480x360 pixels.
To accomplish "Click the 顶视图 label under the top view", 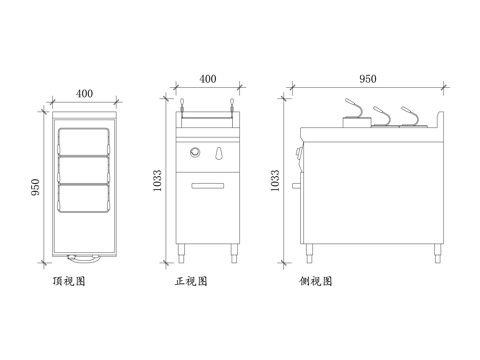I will (69, 283).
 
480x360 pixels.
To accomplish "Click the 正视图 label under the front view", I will (191, 283).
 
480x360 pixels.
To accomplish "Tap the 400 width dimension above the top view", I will (84, 93).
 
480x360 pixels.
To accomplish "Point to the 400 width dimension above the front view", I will (208, 78).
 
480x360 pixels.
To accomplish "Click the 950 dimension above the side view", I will (367, 78).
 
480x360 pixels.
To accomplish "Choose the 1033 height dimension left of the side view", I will (276, 180).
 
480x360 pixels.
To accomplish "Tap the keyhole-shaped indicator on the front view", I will (218, 153).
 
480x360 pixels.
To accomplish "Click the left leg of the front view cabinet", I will (181, 253).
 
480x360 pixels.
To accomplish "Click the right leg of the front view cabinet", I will (235, 253).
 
